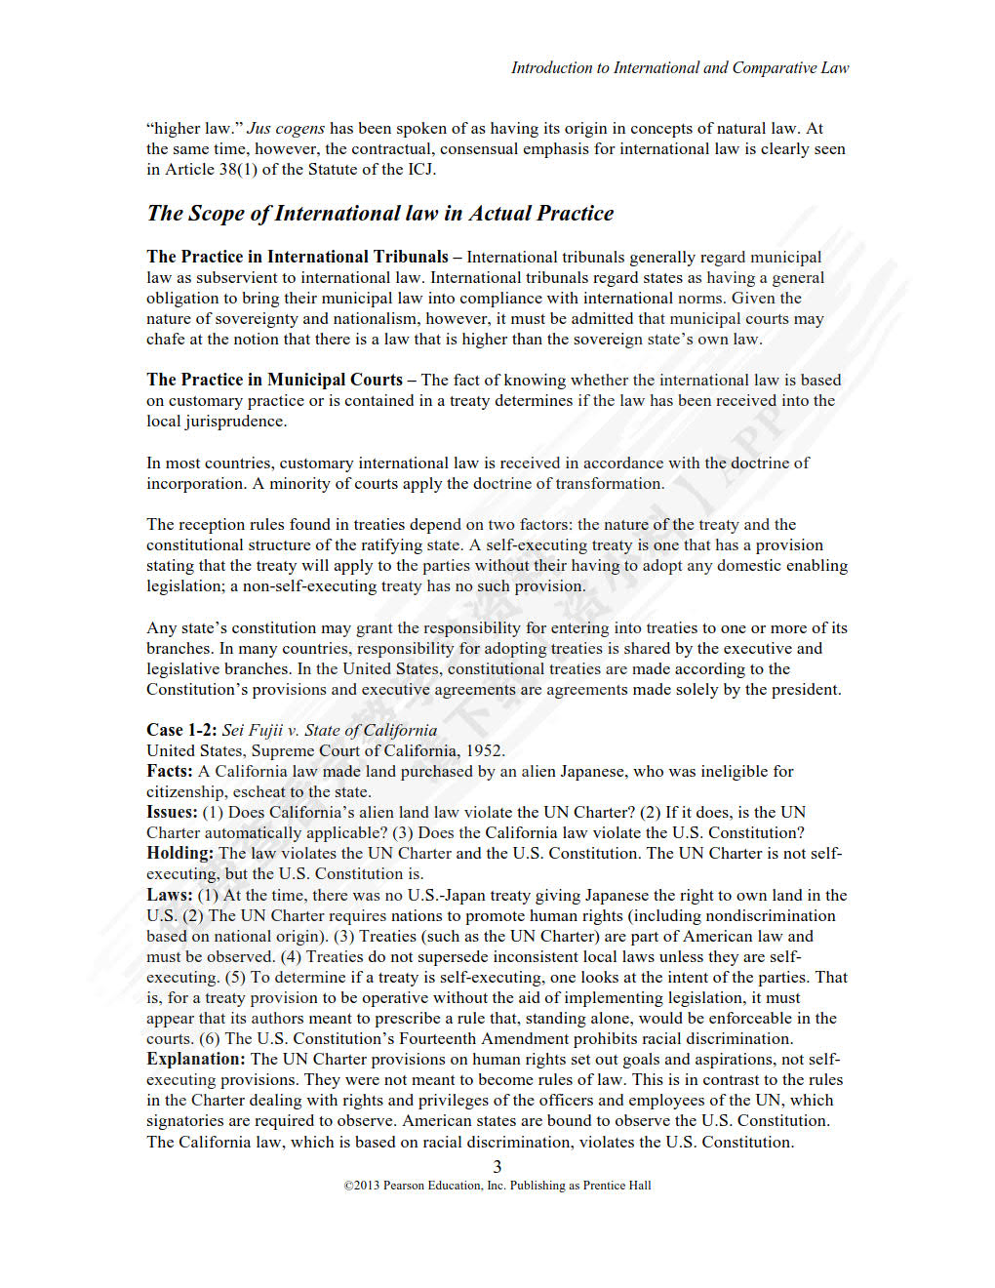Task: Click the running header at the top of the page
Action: [x=679, y=67]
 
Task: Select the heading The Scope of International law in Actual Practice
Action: [x=380, y=213]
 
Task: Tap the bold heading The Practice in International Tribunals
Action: [x=298, y=257]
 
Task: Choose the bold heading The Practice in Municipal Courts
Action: [x=274, y=380]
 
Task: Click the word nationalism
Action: [x=426, y=318]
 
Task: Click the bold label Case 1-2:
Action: [x=181, y=730]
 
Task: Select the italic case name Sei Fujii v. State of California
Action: [x=330, y=730]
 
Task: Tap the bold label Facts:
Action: [x=170, y=771]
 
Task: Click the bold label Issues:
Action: [x=172, y=812]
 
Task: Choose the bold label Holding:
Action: [x=179, y=853]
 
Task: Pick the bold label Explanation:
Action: [x=195, y=1059]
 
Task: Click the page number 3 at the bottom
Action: [x=497, y=1166]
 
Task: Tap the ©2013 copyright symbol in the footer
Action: [x=348, y=1186]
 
